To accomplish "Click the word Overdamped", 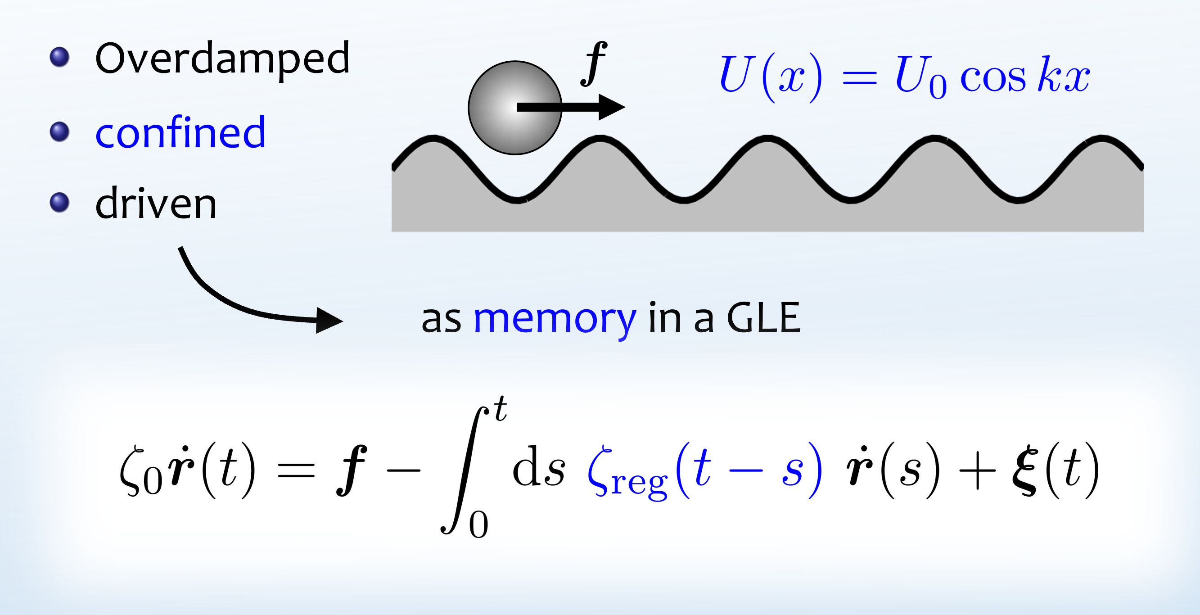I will pyautogui.click(x=222, y=59).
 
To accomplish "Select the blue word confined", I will pyautogui.click(x=180, y=133).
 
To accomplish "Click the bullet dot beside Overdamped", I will pyautogui.click(x=59, y=57).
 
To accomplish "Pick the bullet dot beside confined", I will pyautogui.click(x=59, y=131).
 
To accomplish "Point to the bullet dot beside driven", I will pyautogui.click(x=59, y=202).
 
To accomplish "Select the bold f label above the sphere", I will pyautogui.click(x=594, y=64).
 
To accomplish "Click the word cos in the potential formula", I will pyautogui.click(x=992, y=77).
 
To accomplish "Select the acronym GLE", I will pyautogui.click(x=763, y=318).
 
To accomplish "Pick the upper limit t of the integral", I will pyautogui.click(x=501, y=409).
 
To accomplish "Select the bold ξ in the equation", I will pyautogui.click(x=1025, y=470).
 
